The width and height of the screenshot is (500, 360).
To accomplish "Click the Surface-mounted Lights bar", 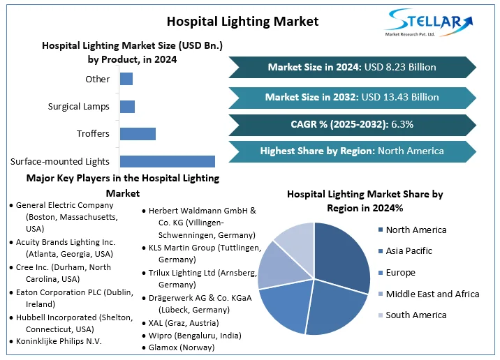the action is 168,162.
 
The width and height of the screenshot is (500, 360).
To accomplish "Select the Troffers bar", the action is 138,134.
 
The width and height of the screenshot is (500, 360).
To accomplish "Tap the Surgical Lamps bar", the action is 127,107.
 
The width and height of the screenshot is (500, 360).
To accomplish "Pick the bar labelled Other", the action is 126,79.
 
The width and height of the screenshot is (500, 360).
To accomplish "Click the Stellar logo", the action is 429,22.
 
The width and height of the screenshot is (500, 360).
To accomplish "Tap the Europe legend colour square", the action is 381,273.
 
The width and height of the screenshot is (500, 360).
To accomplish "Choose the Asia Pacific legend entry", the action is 405,251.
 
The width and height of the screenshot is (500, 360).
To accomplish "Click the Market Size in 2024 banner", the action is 353,67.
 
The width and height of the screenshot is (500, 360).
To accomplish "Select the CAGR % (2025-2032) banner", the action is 353,124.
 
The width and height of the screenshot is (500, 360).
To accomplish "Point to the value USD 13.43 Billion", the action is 400,97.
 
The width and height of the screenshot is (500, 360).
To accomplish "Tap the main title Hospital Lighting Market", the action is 242,22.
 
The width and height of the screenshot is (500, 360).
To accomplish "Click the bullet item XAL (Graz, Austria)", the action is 180,323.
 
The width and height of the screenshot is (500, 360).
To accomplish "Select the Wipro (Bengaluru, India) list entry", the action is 191,336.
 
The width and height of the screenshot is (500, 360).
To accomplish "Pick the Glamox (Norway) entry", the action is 178,347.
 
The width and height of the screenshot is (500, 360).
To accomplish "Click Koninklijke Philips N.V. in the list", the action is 55,341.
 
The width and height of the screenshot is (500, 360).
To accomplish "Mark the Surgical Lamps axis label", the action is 78,107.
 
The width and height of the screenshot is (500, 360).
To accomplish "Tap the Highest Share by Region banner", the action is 353,151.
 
